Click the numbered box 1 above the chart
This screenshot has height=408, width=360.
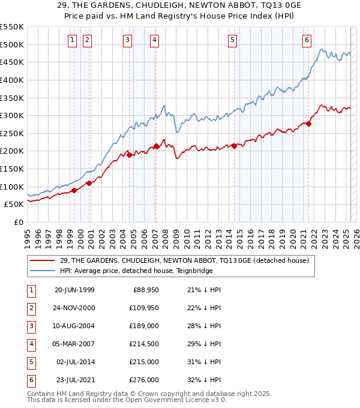(72, 40)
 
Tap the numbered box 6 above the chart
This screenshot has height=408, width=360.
(307, 40)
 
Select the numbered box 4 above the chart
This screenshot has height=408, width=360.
(154, 40)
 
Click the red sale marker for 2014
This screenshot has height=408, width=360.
(234, 146)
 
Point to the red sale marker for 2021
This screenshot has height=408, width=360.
(309, 124)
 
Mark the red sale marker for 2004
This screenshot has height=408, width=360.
(129, 155)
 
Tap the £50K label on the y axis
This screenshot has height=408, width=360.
(14, 205)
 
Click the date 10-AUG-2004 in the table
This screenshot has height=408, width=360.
(74, 326)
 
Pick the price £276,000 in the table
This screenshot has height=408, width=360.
(144, 380)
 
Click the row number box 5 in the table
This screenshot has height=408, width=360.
(31, 362)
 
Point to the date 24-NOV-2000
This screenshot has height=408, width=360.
(74, 308)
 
